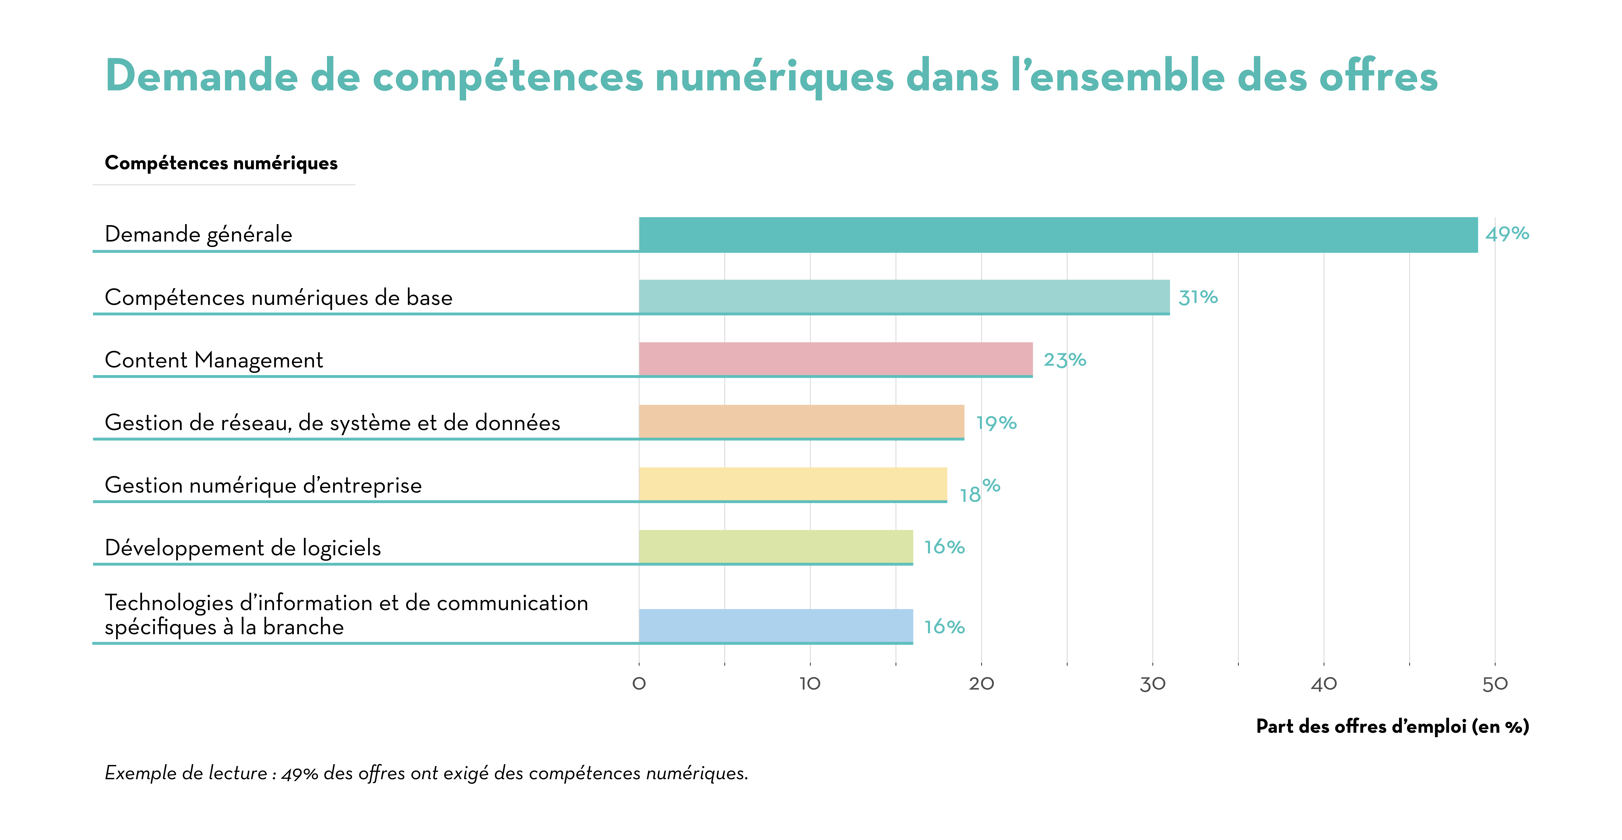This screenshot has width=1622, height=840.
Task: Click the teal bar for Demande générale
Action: [x=1058, y=235]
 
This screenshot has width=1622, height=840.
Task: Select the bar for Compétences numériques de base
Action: [x=904, y=297]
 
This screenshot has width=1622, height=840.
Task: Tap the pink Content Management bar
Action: [x=836, y=359]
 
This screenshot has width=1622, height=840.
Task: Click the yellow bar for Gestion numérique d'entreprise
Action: [x=793, y=484]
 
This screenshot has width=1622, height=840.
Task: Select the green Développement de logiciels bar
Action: [x=776, y=547]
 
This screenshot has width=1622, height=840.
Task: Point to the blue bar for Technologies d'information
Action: [x=776, y=626]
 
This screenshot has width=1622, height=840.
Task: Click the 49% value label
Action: [x=1507, y=234]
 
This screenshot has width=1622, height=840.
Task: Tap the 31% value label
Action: [x=1198, y=297]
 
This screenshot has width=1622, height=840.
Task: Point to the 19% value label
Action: [x=996, y=423]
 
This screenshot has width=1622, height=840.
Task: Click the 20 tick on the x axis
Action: [x=981, y=684]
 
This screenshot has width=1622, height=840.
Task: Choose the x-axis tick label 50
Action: [x=1495, y=684]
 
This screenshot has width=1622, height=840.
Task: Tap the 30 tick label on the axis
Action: [x=1152, y=684]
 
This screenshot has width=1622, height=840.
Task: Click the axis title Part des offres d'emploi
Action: [x=1392, y=727]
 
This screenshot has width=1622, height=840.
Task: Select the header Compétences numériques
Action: [x=221, y=163]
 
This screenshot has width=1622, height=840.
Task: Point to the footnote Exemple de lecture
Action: [x=426, y=773]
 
